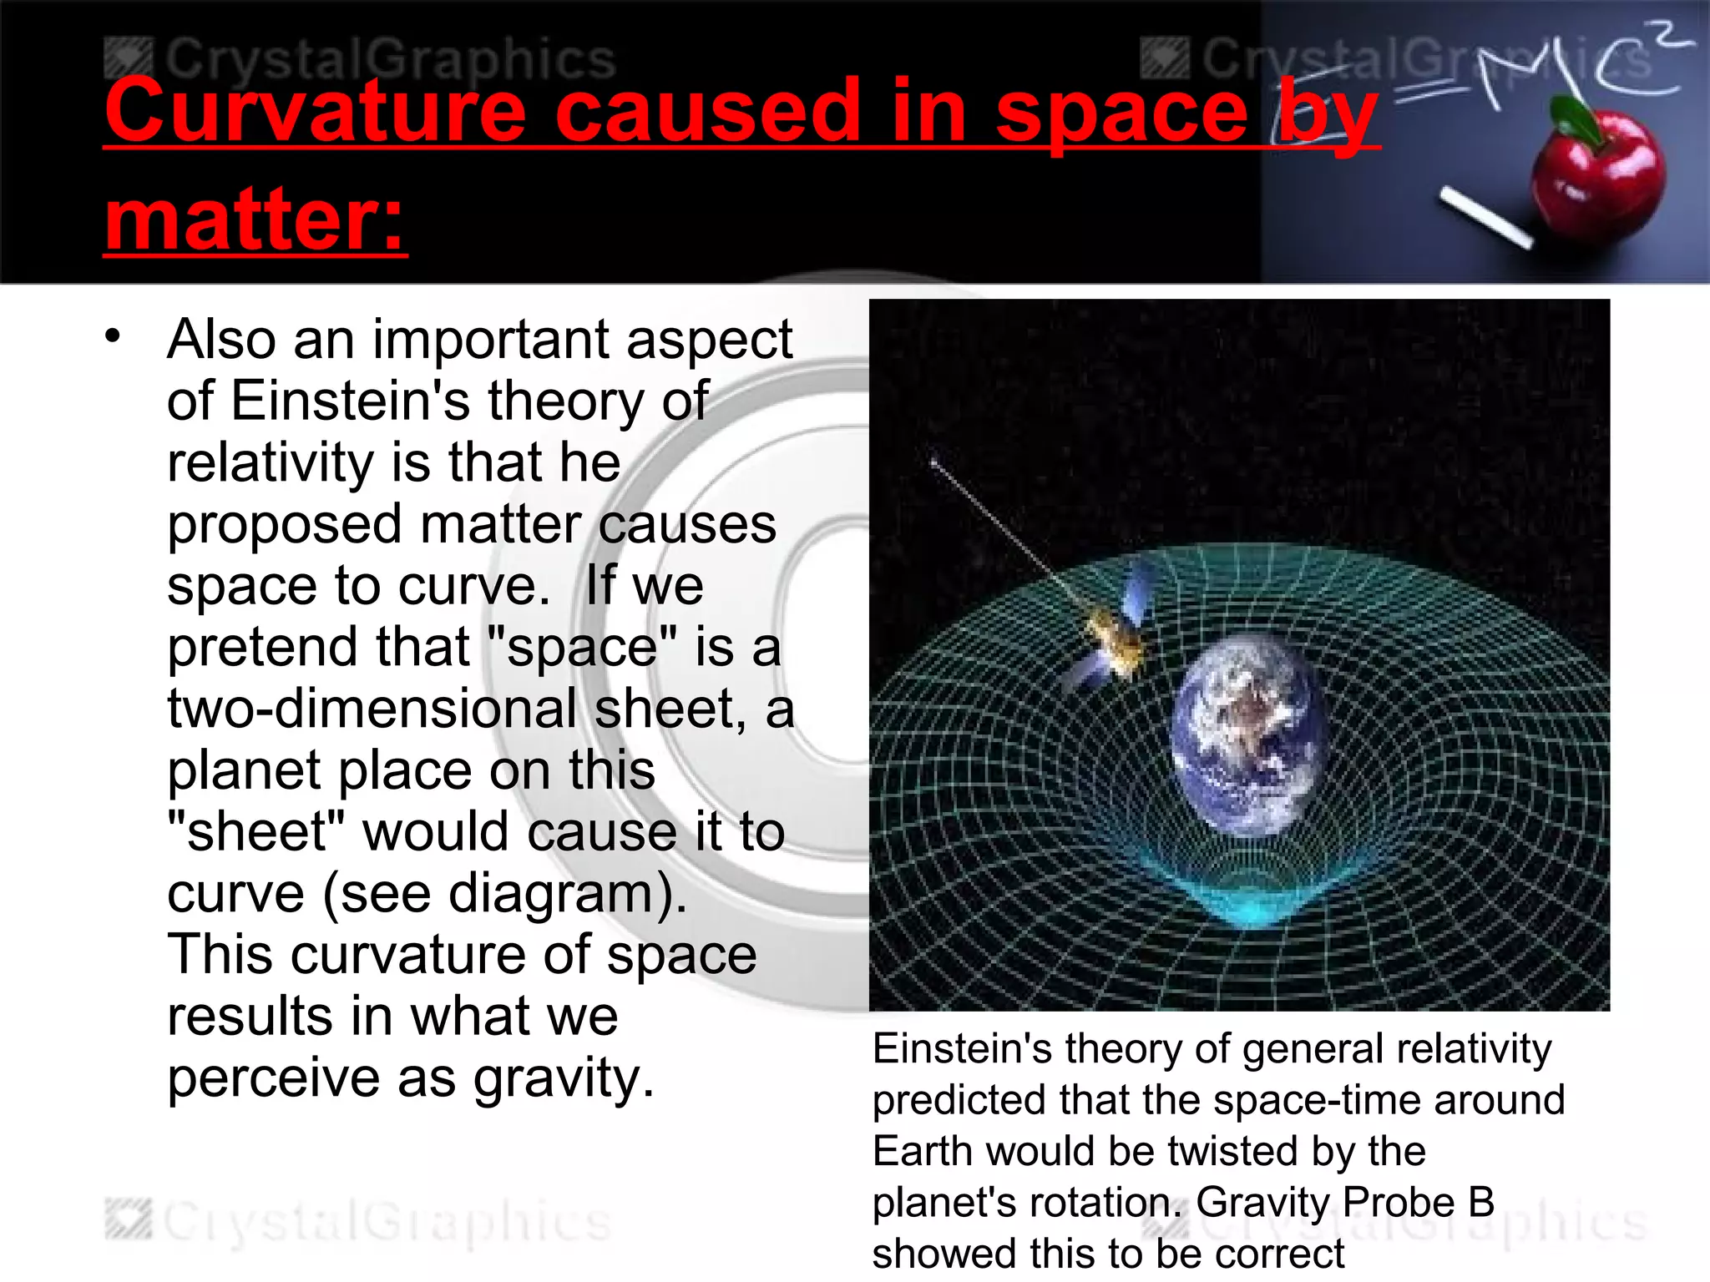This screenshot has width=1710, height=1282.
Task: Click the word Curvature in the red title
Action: click(316, 113)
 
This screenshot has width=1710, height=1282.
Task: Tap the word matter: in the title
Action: click(255, 220)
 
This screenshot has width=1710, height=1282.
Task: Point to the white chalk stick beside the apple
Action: click(1485, 219)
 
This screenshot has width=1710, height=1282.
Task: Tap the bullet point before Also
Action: click(114, 336)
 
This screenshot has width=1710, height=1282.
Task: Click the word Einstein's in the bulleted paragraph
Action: click(351, 401)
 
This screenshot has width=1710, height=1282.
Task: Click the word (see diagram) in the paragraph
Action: click(504, 894)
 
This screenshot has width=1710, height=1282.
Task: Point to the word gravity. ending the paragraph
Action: click(564, 1078)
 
